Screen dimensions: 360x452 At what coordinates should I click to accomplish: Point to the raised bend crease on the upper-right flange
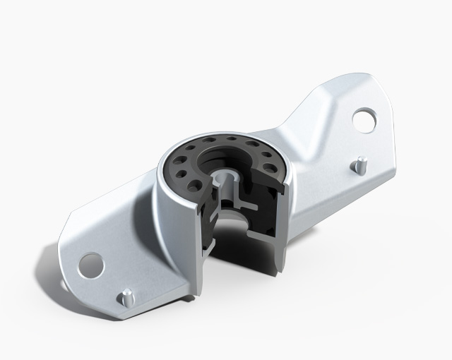pos(311,120)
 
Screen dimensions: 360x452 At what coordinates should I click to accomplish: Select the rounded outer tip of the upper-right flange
pos(385,106)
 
